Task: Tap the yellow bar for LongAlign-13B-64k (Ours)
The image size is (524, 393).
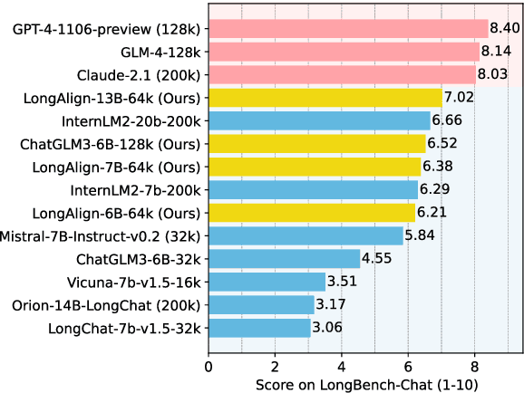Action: coord(325,97)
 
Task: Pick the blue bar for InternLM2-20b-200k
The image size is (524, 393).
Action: coord(319,120)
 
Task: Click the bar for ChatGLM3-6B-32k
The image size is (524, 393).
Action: coord(285,258)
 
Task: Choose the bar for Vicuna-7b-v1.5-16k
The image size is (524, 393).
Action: coord(267,281)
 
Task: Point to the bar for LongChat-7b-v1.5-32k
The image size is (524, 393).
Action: coord(260,327)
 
